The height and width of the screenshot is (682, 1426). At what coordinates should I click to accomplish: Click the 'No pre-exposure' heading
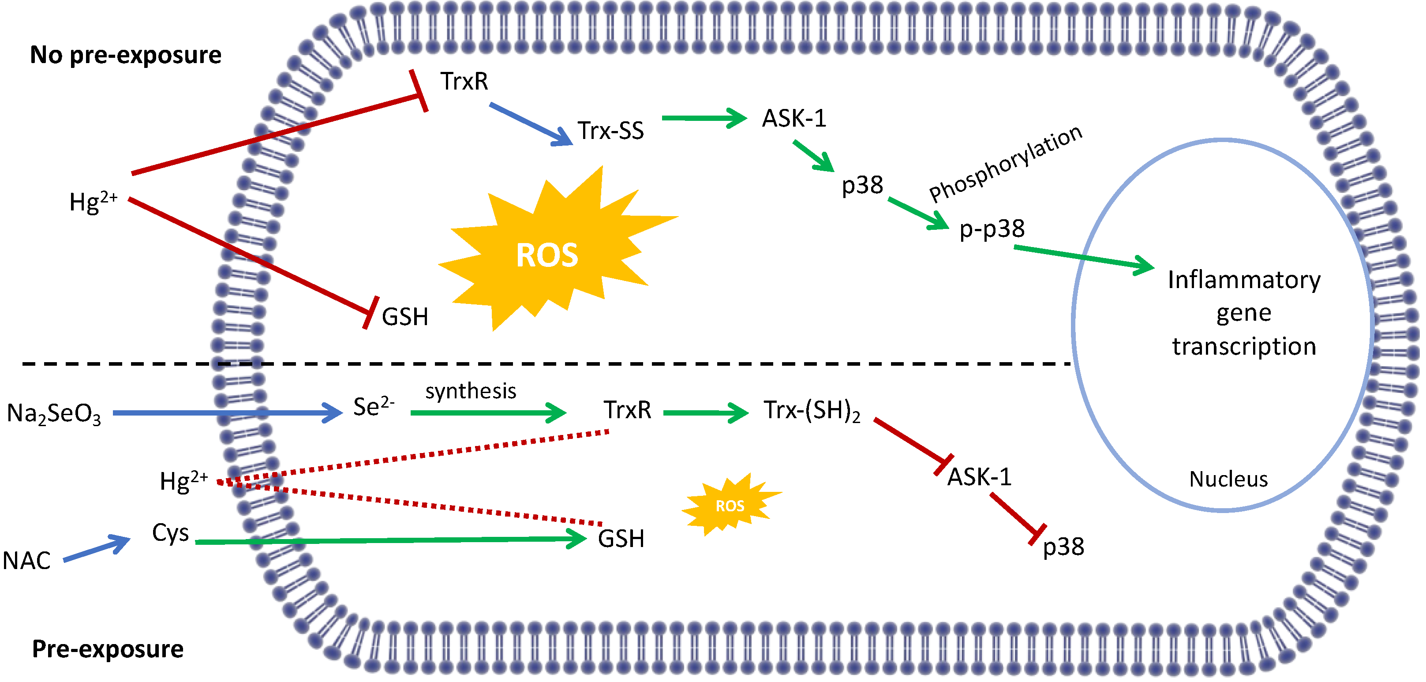(x=126, y=55)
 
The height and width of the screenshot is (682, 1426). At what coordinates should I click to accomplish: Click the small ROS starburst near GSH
(x=730, y=505)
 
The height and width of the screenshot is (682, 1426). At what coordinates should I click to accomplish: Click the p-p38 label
(x=992, y=229)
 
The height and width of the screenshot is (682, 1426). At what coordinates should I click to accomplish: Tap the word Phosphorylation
(x=1005, y=163)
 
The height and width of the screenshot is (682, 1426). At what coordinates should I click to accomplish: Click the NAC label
(x=26, y=561)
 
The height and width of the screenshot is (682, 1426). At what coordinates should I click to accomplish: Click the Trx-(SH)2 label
(x=812, y=411)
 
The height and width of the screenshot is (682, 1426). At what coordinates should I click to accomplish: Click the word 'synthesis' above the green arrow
(x=471, y=391)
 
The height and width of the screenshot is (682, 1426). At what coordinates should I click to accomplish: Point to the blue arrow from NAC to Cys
(x=97, y=549)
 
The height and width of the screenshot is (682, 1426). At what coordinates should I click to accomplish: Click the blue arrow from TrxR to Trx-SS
(x=530, y=124)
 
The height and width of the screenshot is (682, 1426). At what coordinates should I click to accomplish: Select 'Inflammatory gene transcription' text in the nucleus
(x=1243, y=313)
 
